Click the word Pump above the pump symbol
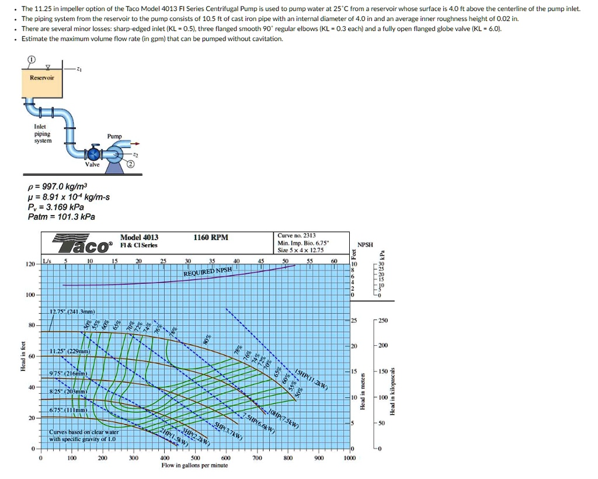[114, 136]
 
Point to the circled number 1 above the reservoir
[31, 60]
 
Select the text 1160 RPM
[210, 238]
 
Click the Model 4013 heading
[139, 238]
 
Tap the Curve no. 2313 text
[297, 235]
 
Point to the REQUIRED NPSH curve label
[208, 272]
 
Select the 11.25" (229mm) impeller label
[69, 351]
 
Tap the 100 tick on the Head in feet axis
[30, 295]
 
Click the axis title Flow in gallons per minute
[194, 466]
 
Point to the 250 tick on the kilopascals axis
[383, 321]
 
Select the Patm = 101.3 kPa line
[61, 217]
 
